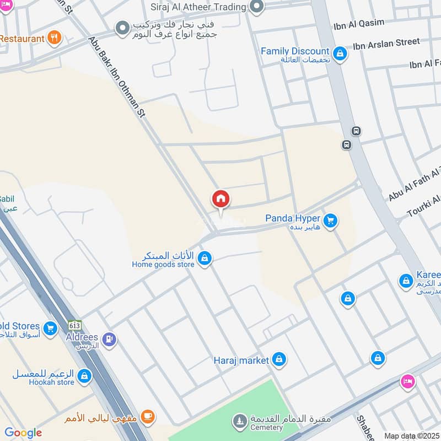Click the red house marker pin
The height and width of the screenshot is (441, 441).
pos(220,199)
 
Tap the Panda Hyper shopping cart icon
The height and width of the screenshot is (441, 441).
pos(330,221)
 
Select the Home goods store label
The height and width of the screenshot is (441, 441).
pos(163,265)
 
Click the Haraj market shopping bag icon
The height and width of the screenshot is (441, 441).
pos(279,360)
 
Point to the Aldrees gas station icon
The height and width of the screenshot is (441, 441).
pos(109,339)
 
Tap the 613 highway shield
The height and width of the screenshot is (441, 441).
pos(74,325)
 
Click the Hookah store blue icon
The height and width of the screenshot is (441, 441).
pos(84,376)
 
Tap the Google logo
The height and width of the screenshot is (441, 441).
pos(23,433)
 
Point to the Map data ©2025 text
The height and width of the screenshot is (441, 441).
pos(411,436)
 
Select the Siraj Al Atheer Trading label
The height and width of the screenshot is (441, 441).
pos(198,7)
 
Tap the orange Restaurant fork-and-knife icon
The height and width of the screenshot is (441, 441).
pos(53,38)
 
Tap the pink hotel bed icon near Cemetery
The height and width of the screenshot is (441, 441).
pos(408,380)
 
